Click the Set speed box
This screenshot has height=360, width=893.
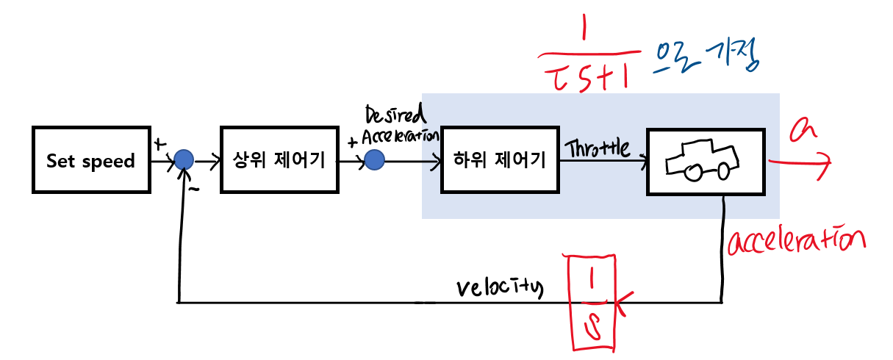[x=90, y=160]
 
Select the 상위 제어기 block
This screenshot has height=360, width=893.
[x=279, y=160]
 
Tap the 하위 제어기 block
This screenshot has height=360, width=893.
[x=500, y=160]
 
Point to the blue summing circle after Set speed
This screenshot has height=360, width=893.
[x=184, y=159]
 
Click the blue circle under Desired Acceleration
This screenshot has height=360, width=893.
[x=374, y=159]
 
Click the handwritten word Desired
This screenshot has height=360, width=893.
[x=393, y=116]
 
